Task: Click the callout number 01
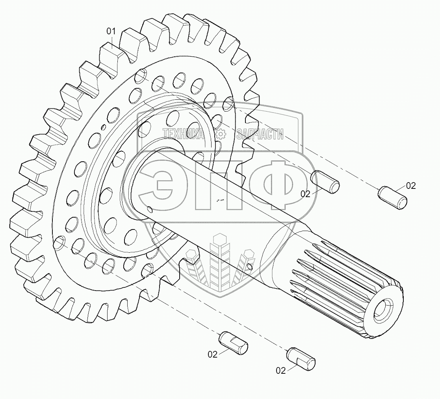coord(111,32)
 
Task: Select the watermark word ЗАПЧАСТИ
coord(260,134)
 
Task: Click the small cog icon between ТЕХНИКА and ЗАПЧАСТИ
coord(221,134)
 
